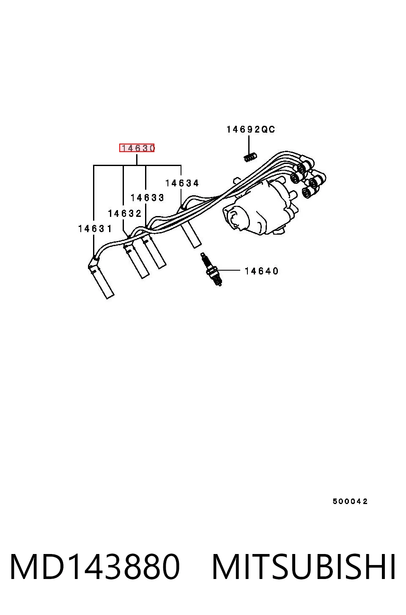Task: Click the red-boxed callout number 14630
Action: (x=137, y=148)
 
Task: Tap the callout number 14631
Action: (x=95, y=228)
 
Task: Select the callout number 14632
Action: (x=125, y=213)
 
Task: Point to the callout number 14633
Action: (x=147, y=198)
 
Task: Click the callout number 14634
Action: (x=182, y=183)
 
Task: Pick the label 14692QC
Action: (x=251, y=129)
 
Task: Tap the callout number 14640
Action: (x=261, y=271)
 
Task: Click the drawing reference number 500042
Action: (x=350, y=501)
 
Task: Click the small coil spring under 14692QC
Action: (x=250, y=157)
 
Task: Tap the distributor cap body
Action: (x=258, y=209)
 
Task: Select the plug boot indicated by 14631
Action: (x=101, y=277)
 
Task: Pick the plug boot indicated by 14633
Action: (x=154, y=252)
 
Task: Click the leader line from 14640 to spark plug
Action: (x=228, y=270)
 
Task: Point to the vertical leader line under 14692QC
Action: (x=249, y=145)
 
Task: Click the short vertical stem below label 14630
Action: (x=137, y=160)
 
